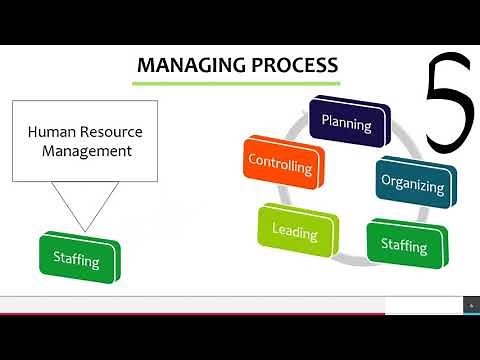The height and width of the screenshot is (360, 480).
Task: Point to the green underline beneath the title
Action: pyautogui.click(x=236, y=82)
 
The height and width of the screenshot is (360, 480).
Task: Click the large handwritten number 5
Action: pyautogui.click(x=447, y=108)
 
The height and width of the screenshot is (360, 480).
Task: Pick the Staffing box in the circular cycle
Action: pyautogui.click(x=403, y=245)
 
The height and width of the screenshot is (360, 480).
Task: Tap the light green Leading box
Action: pyautogui.click(x=295, y=233)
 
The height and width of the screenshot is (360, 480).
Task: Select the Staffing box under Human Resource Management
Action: pyautogui.click(x=78, y=261)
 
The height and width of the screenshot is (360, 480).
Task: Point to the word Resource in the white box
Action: pyautogui.click(x=110, y=131)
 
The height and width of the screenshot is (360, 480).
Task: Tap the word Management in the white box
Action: pyautogui.click(x=88, y=152)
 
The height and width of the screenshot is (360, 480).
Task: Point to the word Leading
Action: pyautogui.click(x=295, y=234)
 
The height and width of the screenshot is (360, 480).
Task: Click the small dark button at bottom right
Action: pyautogui.click(x=471, y=304)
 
